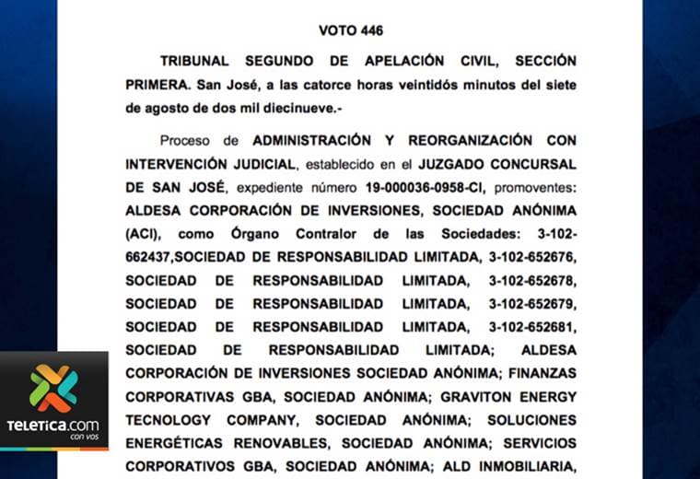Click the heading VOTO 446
(x=350, y=30)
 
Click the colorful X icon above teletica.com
(x=53, y=388)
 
